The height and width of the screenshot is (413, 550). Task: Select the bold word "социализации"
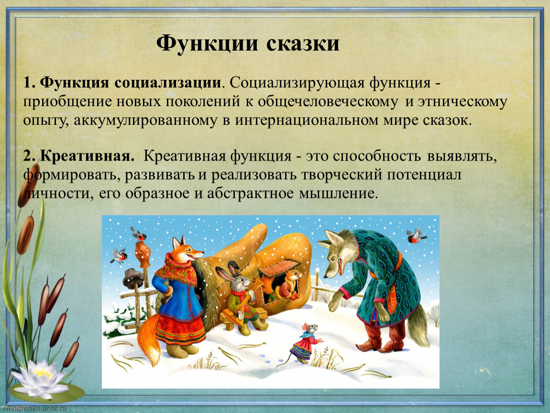coord(168,84)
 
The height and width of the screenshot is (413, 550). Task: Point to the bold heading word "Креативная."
coord(87,156)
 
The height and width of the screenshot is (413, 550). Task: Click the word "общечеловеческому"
coord(328,102)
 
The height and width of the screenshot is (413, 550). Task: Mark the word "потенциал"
coord(424,174)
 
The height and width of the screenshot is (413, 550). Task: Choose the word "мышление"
coord(338,193)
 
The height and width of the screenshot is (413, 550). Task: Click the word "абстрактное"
coord(250,193)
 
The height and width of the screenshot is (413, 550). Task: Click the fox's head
coord(187,249)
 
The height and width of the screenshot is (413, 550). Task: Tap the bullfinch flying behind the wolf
coord(416,235)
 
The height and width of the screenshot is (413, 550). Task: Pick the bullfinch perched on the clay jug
coord(139,234)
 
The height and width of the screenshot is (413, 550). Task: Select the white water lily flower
coord(39,379)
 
